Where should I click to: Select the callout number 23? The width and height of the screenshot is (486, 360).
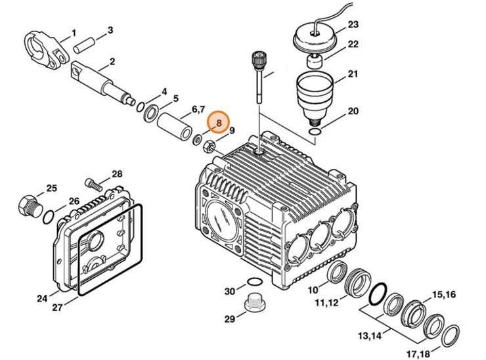tap(353, 25)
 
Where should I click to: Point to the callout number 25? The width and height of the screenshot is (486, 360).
tap(51, 188)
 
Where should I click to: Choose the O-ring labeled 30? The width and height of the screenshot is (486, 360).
tap(251, 284)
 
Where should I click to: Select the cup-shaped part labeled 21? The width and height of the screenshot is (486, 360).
tap(317, 91)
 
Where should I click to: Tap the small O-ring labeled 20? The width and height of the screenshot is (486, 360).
tap(315, 133)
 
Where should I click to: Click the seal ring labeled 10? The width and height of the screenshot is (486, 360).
tap(337, 271)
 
